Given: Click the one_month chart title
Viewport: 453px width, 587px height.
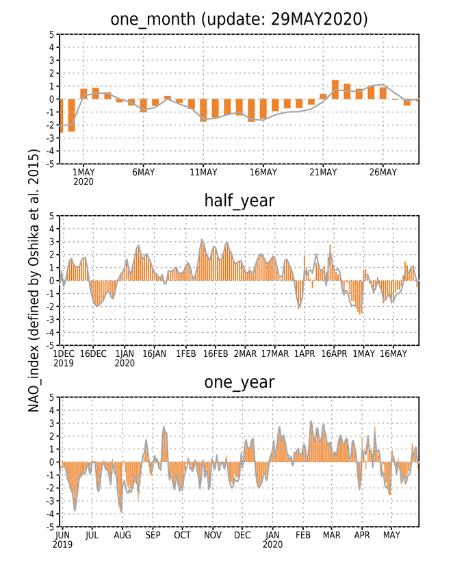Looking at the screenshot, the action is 239,19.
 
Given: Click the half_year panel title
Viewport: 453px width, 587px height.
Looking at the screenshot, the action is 239,201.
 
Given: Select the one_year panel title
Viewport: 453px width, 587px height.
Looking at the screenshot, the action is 239,382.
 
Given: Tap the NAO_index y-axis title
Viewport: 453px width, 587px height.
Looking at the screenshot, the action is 34,280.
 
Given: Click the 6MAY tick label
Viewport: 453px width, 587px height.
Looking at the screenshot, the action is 143,172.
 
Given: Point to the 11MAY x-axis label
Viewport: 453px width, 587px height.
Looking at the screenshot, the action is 203,172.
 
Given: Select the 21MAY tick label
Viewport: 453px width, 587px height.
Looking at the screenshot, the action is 323,172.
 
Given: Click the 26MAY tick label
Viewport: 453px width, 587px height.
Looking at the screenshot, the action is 383,172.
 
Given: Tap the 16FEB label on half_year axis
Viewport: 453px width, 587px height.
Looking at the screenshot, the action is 216,353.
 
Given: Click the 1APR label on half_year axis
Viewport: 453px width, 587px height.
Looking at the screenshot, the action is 305,353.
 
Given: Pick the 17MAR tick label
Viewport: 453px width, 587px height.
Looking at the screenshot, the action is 275,353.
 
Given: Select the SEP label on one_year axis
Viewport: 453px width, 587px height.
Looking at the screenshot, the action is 153,536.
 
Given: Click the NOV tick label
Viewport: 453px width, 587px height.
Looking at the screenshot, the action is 213,536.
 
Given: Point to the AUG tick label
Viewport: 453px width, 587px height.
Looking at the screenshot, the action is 122,536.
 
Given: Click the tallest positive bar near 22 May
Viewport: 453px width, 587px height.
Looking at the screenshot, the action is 335,90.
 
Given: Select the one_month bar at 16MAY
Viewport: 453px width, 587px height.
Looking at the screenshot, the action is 263,110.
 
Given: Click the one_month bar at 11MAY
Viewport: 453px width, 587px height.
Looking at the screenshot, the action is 203,110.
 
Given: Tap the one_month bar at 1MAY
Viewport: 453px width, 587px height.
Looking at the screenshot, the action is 83,94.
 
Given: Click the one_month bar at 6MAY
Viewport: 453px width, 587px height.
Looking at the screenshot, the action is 143,105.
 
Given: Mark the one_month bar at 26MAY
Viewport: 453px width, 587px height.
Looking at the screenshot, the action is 383,93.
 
